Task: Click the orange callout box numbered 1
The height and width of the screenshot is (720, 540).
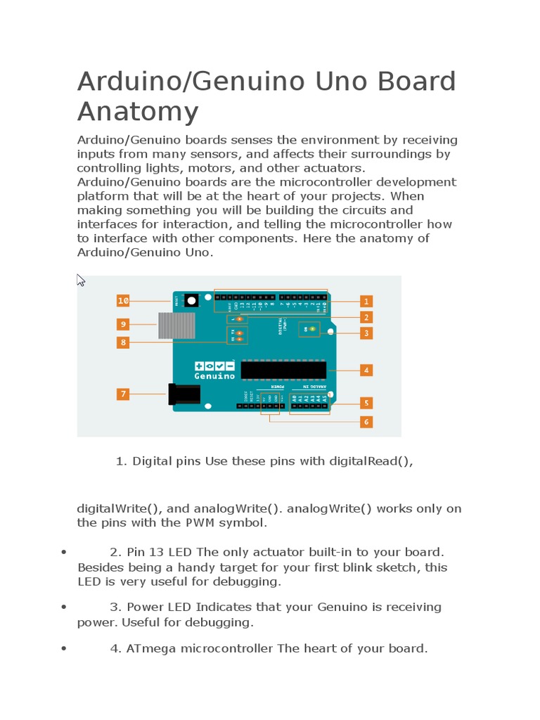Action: [366, 301]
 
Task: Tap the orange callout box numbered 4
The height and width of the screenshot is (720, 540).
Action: [366, 369]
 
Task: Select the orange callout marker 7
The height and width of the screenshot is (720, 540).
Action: [123, 394]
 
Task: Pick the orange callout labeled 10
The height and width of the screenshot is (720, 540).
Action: [123, 300]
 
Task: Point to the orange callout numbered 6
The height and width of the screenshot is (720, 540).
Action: [366, 422]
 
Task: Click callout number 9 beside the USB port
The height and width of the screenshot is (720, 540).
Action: [123, 324]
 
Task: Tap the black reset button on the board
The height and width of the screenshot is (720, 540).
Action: [191, 302]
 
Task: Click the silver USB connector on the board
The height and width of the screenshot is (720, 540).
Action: [176, 326]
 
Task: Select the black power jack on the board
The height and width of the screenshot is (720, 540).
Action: [184, 394]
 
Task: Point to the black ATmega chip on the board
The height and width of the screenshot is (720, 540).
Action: [283, 370]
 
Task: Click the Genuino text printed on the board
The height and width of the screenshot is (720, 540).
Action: [214, 376]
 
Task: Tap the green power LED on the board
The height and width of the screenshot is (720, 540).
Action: [312, 329]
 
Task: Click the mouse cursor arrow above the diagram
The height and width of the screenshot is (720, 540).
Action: [80, 280]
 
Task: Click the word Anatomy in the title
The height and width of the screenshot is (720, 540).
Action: [138, 112]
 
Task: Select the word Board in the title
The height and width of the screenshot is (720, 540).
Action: [416, 82]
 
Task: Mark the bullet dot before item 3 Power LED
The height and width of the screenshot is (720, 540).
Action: [64, 607]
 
